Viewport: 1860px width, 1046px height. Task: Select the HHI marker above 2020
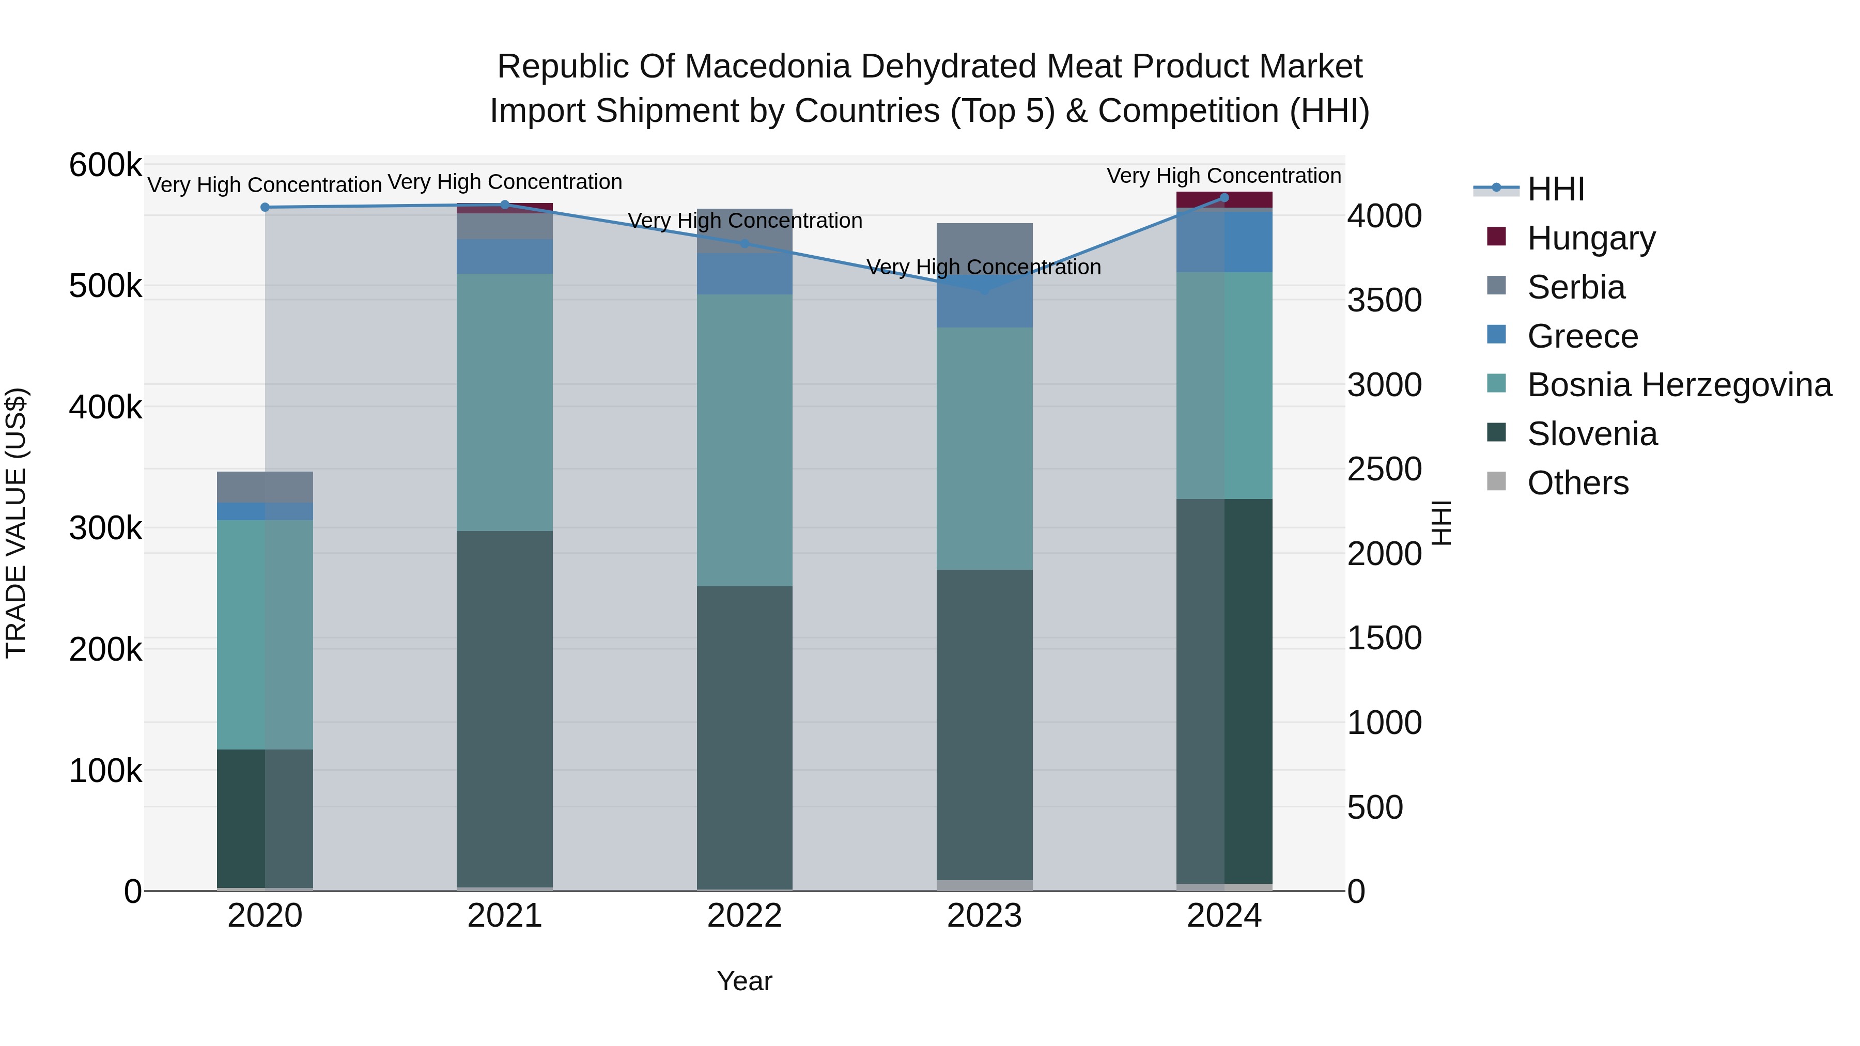point(265,207)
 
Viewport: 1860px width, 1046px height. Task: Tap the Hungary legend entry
point(1591,238)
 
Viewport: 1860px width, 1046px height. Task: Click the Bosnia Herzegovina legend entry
point(1679,385)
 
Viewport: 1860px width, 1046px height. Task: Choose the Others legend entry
point(1578,483)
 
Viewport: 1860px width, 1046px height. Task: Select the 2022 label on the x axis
point(745,916)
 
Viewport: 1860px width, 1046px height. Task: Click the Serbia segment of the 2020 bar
point(265,487)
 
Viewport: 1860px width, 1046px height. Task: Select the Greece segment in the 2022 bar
point(745,274)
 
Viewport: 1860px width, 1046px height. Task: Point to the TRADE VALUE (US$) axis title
point(16,523)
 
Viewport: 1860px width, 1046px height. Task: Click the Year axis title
point(745,981)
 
